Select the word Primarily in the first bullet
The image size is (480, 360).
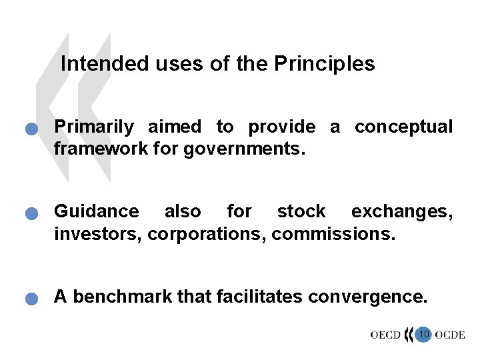tap(93, 127)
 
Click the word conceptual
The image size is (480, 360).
tap(403, 126)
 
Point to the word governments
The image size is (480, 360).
tap(245, 149)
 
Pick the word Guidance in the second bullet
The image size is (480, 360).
tap(97, 212)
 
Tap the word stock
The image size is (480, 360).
tap(301, 212)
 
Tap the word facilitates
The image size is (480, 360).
tap(245, 297)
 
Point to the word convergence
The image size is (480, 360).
tap(369, 297)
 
